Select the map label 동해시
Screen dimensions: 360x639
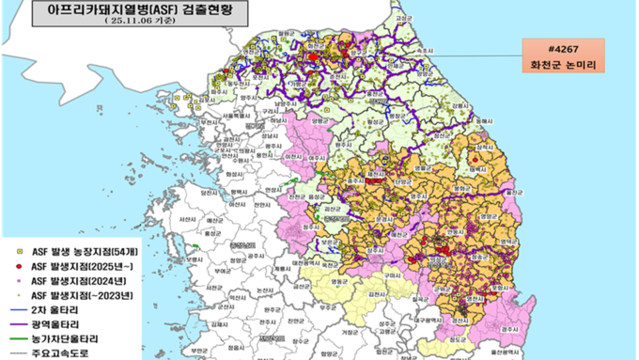coord(483,122)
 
